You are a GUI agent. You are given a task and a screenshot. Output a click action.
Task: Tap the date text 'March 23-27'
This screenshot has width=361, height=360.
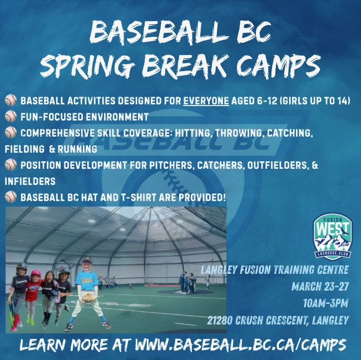[320, 287]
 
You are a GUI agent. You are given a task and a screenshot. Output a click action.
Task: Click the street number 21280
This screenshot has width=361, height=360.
[224, 321]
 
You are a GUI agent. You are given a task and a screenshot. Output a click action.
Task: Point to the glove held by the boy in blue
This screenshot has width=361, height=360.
[87, 297]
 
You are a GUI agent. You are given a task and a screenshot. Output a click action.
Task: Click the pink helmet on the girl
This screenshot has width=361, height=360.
[36, 273]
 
